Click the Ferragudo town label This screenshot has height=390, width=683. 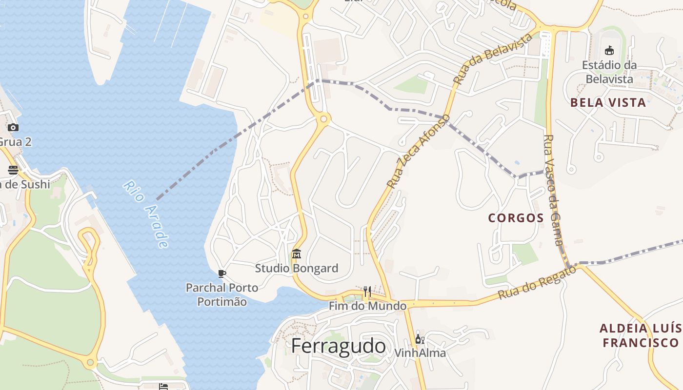[x=338, y=346]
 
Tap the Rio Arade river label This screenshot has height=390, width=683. [x=146, y=214]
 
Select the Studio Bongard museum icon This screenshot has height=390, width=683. [x=296, y=254]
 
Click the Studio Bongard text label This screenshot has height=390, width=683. [x=297, y=268]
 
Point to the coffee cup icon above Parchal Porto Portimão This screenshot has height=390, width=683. [x=222, y=274]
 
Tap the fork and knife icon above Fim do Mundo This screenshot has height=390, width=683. [x=367, y=292]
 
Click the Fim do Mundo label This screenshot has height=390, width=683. [x=367, y=306]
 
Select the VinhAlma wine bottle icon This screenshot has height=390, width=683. [x=420, y=339]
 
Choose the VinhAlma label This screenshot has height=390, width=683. [x=420, y=352]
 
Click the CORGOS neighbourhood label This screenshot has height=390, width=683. [x=516, y=218]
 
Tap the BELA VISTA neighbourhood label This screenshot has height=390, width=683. [x=608, y=102]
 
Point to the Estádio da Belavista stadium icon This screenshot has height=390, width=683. [x=609, y=50]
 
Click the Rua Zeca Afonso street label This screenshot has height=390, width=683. [x=418, y=151]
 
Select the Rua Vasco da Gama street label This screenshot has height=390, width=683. [x=554, y=190]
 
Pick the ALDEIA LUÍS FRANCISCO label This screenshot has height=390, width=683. [x=641, y=335]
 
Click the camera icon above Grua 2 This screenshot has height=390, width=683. [x=13, y=128]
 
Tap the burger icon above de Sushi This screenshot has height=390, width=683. [x=13, y=170]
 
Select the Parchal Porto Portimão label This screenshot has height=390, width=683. [x=222, y=294]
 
